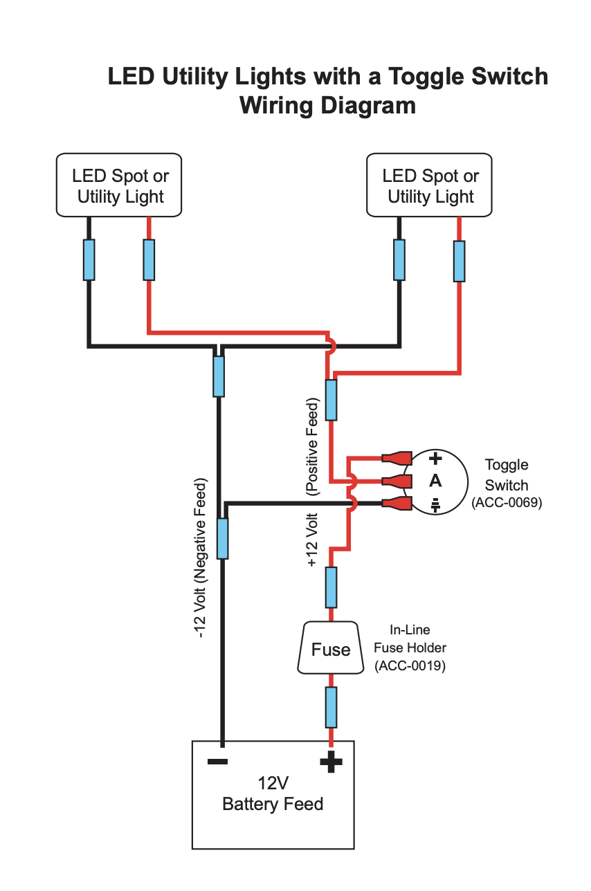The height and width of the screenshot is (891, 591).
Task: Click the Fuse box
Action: point(331,649)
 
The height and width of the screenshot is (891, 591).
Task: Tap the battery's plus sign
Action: point(331,762)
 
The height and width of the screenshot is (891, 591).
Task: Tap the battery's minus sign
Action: point(217,762)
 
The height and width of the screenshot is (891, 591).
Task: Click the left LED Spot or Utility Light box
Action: point(120,185)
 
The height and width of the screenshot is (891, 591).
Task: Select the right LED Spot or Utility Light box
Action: point(430,185)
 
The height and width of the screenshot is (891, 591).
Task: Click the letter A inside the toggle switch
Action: point(435,481)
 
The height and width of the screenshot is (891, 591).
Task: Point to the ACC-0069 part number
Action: point(506,504)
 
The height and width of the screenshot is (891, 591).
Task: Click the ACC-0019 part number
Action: point(410,666)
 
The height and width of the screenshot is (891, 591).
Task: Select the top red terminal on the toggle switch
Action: point(397,458)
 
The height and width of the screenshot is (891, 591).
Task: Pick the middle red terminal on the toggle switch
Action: point(397,481)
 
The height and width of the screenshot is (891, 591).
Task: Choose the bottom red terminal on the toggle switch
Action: point(397,504)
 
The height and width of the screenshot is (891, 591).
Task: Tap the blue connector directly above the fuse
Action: point(331,587)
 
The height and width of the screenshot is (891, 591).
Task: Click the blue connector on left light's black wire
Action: point(89,260)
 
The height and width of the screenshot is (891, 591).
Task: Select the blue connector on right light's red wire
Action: point(459,261)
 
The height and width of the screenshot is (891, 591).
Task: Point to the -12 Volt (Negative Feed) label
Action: point(201,558)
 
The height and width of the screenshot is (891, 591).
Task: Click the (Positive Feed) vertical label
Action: point(313,447)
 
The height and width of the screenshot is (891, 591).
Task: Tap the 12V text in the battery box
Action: point(273,784)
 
